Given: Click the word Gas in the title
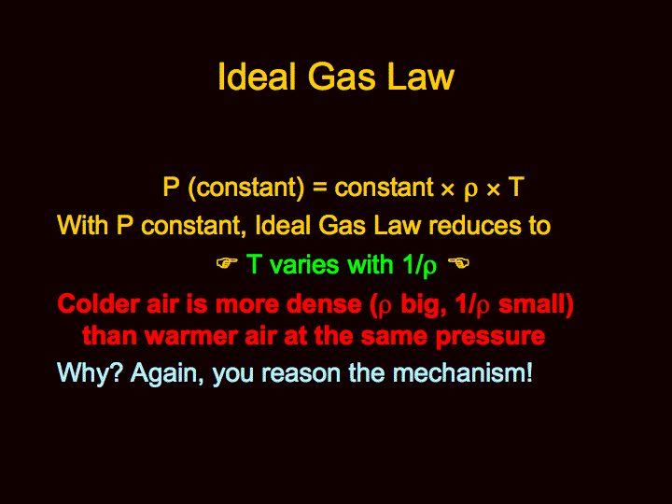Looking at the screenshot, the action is point(342,77).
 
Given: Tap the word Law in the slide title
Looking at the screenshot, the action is point(420,77).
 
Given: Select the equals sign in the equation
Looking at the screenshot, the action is point(319,189).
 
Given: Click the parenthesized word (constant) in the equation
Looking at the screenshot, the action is point(246,188).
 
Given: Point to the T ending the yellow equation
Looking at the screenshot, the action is point(516,187).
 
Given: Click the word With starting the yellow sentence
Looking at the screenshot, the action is point(82,225).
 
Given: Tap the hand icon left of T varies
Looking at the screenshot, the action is point(227,262).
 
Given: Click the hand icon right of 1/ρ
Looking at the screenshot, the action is point(458,262).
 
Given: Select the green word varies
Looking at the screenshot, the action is point(305,264).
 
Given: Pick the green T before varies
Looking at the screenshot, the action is point(254,264).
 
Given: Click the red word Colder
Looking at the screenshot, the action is point(99,304).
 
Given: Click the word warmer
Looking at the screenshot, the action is point(191,336).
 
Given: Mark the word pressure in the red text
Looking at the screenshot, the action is point(490,337).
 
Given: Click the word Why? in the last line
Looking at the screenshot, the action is point(90,373).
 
